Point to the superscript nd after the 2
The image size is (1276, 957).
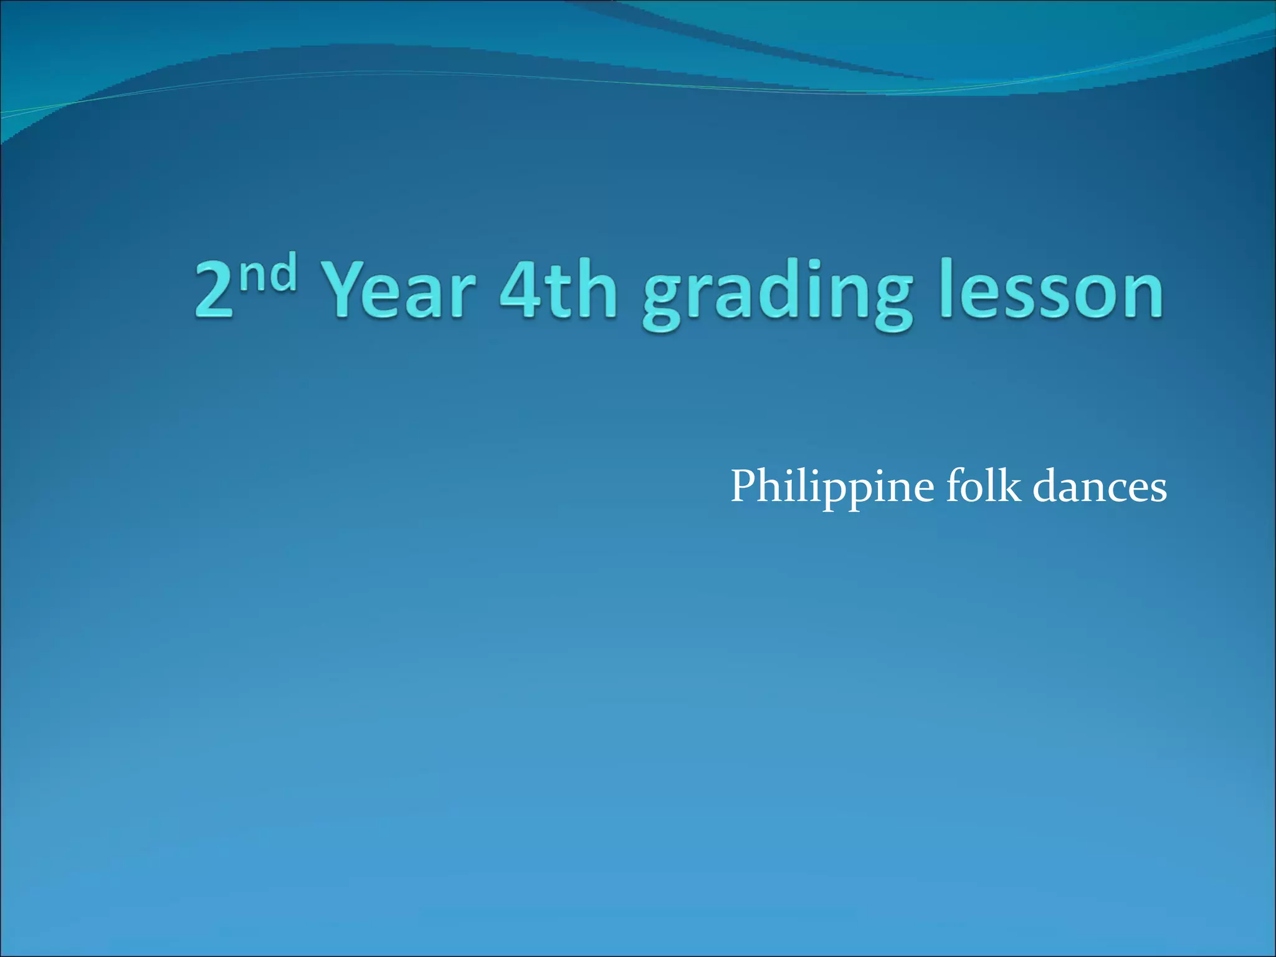tap(267, 274)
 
